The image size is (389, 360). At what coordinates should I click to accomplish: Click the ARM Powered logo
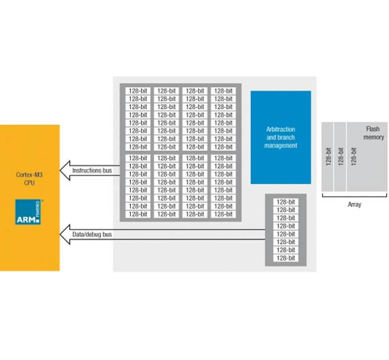28,212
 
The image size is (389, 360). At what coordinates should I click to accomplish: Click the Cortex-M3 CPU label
29,179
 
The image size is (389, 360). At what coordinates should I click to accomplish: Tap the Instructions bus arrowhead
65,171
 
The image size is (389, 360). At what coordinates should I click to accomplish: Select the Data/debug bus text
92,234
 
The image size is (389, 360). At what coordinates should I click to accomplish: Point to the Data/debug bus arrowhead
65,234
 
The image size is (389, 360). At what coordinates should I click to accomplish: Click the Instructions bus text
92,171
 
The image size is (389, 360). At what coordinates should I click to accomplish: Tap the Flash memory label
374,133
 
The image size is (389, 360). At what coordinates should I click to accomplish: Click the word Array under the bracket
354,205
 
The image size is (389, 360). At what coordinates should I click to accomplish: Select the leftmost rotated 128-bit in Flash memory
328,157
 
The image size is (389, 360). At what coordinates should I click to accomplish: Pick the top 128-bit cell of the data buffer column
286,202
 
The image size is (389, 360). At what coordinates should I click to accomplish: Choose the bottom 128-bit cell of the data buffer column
286,258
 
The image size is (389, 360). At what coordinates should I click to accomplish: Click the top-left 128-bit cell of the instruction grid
138,91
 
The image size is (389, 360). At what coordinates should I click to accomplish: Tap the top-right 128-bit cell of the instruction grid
223,91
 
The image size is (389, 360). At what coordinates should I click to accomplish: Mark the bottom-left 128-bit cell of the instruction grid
138,214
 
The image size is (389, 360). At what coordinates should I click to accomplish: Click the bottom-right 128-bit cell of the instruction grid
223,214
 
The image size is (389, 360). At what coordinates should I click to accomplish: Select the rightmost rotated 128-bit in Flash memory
353,157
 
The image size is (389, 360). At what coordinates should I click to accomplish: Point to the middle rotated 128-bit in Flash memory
341,157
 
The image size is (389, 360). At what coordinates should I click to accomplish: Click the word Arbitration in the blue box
281,129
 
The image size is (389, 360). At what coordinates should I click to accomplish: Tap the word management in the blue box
281,146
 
